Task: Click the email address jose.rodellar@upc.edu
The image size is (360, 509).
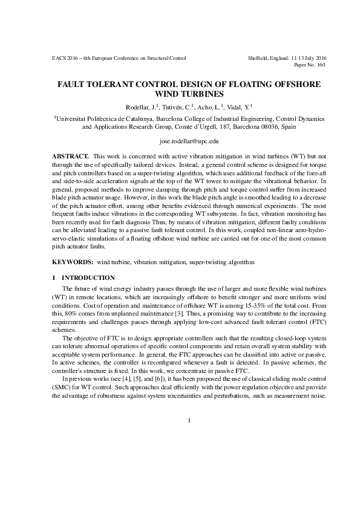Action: coord(180,141)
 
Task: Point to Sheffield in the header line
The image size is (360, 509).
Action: coord(260,58)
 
